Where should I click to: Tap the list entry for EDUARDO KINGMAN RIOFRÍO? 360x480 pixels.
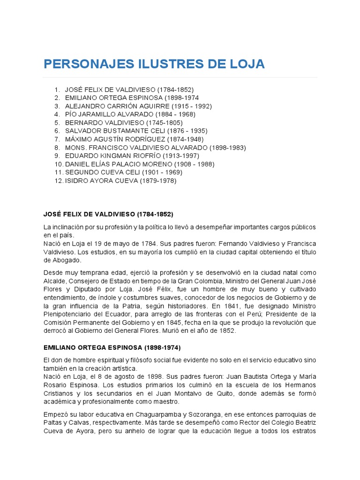[x=125, y=156]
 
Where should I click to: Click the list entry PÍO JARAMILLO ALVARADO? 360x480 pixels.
[x=130, y=114]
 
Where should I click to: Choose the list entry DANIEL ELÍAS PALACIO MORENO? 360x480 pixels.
[x=139, y=164]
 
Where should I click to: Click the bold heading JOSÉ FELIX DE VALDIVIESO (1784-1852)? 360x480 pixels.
[x=108, y=214]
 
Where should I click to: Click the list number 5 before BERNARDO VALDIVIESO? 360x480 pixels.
[x=57, y=123]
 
